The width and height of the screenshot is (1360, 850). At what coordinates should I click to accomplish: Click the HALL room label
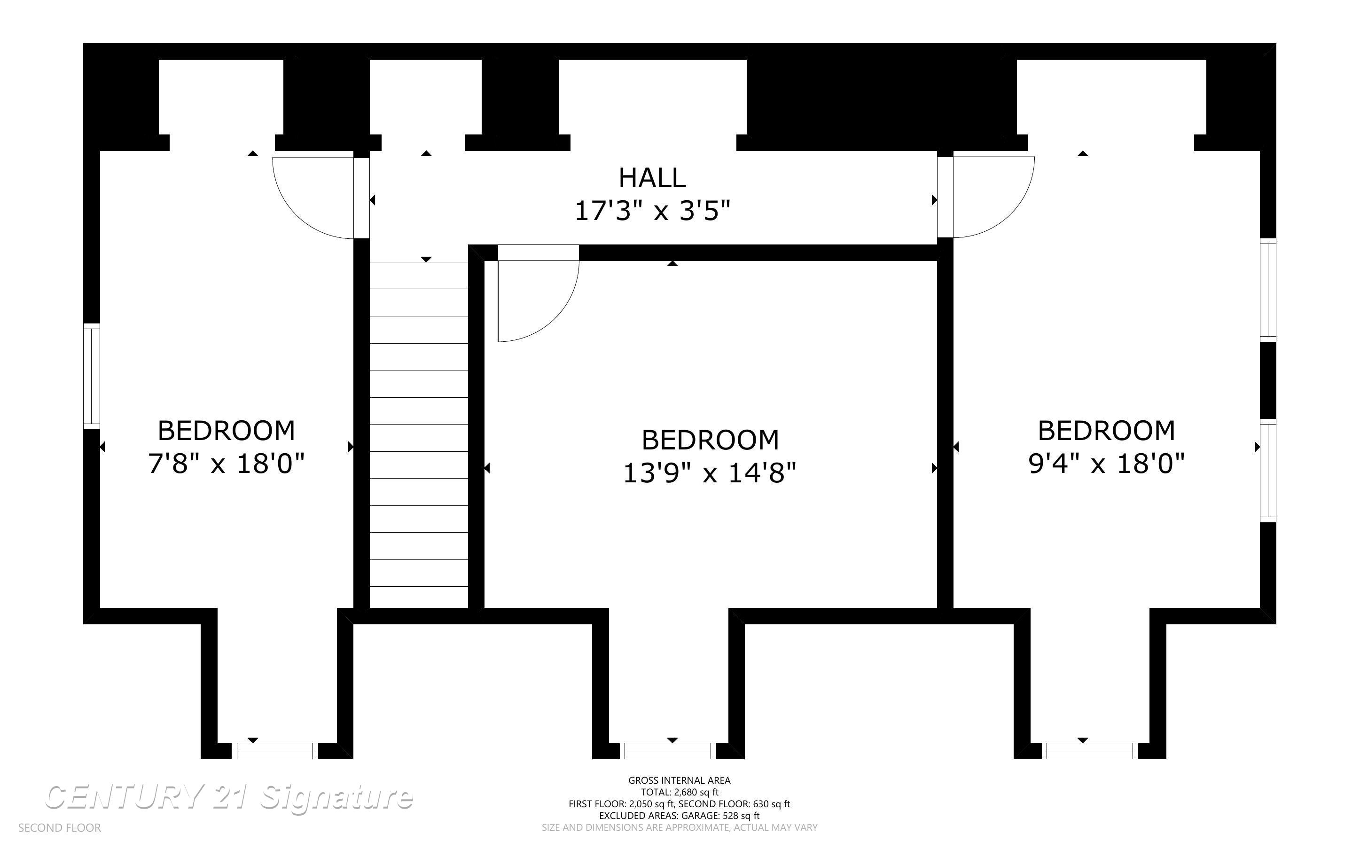click(x=652, y=178)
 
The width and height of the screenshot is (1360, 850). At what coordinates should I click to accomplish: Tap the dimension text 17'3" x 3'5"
click(x=652, y=212)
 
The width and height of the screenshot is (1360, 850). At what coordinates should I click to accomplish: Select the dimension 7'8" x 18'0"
click(x=226, y=464)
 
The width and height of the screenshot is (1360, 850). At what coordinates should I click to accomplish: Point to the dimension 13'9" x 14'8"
click(x=710, y=473)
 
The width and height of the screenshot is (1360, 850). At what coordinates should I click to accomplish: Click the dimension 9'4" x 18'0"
click(x=1106, y=464)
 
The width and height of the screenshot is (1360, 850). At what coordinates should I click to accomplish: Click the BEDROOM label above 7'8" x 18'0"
click(x=226, y=431)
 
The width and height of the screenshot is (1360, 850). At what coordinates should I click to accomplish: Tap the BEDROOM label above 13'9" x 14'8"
click(x=710, y=440)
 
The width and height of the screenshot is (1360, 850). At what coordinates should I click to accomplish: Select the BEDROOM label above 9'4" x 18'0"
click(x=1106, y=431)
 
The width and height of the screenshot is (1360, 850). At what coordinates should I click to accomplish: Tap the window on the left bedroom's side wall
click(x=92, y=376)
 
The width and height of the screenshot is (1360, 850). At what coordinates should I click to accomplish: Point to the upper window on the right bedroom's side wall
click(x=1268, y=290)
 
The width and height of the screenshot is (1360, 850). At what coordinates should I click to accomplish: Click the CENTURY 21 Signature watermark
click(x=229, y=797)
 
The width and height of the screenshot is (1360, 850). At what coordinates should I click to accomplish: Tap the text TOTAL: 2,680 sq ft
click(x=679, y=793)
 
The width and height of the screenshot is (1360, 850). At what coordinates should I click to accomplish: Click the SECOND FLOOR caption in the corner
click(x=60, y=828)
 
